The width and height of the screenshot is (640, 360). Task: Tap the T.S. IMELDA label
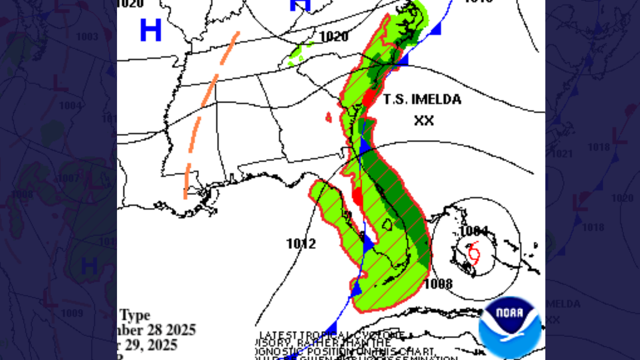click(422, 99)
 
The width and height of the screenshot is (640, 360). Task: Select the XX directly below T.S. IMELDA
click(424, 120)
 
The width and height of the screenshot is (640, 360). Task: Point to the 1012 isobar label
click(301, 244)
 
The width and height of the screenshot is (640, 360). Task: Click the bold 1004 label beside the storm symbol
click(474, 231)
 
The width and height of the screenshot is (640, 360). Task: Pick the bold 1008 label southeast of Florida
click(438, 284)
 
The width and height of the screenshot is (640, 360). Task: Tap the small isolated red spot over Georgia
click(329, 117)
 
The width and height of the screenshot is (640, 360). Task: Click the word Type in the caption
click(135, 315)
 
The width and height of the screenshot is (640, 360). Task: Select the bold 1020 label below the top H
click(334, 36)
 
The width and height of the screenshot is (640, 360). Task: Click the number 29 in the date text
click(133, 345)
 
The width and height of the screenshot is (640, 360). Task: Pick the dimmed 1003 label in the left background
click(87, 36)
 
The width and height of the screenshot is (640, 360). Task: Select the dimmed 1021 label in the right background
click(562, 154)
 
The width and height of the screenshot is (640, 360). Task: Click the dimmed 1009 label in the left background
click(72, 313)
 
